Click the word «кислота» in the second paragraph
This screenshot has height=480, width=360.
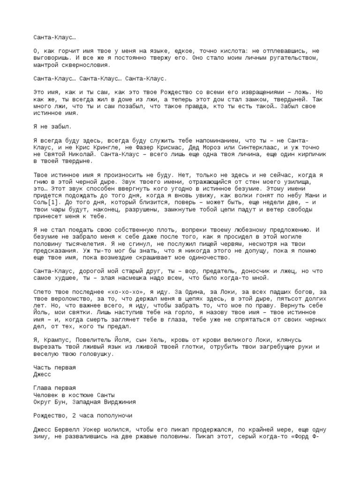point(226,51)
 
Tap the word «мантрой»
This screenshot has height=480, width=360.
point(46,65)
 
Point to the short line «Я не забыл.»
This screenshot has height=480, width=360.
point(52,127)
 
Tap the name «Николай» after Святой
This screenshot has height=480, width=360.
point(84,154)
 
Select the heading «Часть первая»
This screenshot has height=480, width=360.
point(55,367)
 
